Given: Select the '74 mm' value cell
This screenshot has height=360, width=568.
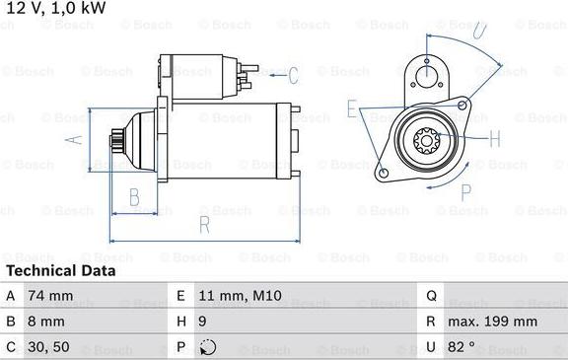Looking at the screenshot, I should click(x=49, y=295).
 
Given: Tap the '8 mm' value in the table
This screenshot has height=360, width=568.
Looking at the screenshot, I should click(x=45, y=322).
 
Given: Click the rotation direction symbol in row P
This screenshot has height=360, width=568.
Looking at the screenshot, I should click(x=207, y=347).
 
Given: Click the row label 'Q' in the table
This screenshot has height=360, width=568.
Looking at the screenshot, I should click(x=431, y=295).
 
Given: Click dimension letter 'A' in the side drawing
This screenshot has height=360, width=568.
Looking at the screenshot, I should click(x=71, y=140).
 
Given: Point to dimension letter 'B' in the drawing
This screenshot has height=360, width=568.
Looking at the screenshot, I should click(x=134, y=197).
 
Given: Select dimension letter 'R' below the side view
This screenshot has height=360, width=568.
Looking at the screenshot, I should click(x=204, y=225).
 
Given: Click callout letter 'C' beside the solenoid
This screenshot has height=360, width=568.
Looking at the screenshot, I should click(x=293, y=75).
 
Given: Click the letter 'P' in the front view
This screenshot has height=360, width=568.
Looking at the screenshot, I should click(x=466, y=191).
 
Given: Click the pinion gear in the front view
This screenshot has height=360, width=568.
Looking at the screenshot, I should click(x=429, y=145).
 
